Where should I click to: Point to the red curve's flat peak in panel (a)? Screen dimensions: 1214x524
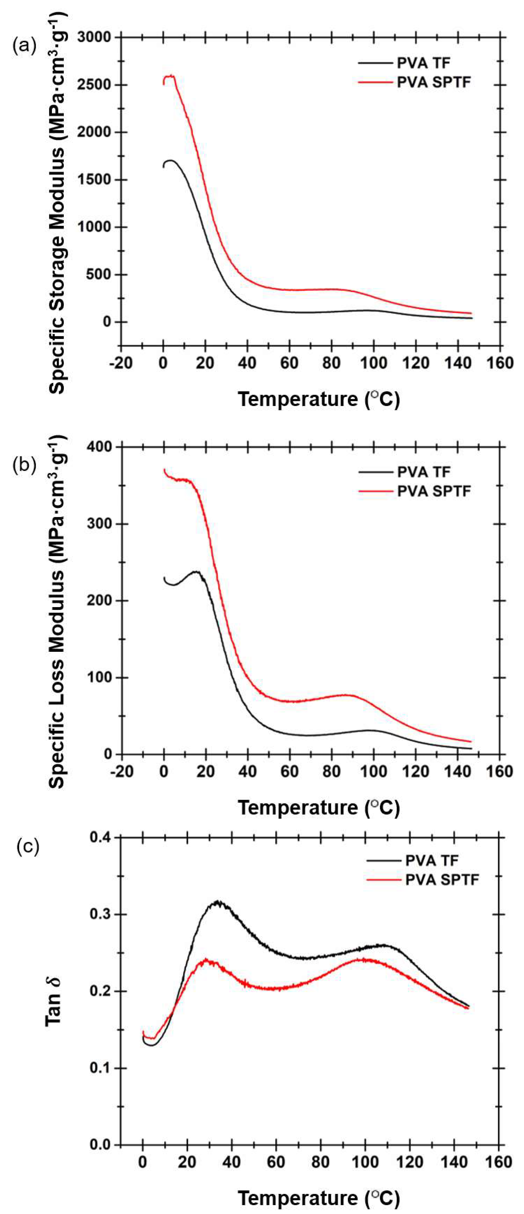coord(169,76)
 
